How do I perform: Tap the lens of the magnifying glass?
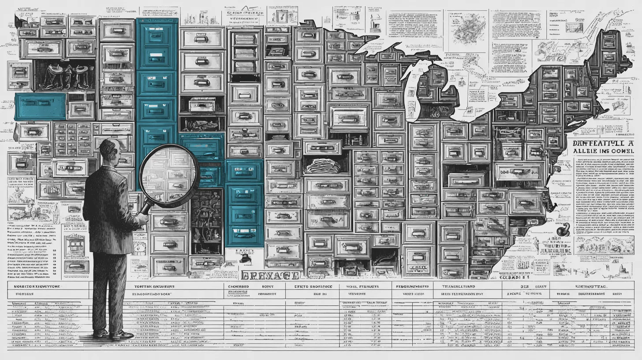pyautogui.click(x=169, y=175)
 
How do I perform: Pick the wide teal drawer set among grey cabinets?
pyautogui.click(x=41, y=106)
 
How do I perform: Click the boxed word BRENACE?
pyautogui.click(x=270, y=275)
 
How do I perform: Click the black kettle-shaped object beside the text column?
pyautogui.click(x=563, y=230)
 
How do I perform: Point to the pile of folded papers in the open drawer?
pyautogui.click(x=323, y=167)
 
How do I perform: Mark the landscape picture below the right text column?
pyautogui.click(x=604, y=245)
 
